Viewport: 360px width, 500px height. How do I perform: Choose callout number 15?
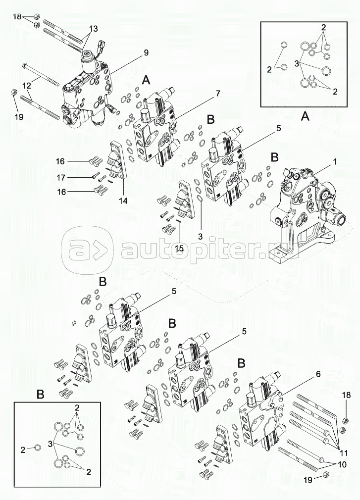tap(179, 248)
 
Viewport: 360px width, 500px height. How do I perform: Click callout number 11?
tap(344, 452)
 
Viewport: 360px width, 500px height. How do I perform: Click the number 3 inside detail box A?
tap(296, 64)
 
